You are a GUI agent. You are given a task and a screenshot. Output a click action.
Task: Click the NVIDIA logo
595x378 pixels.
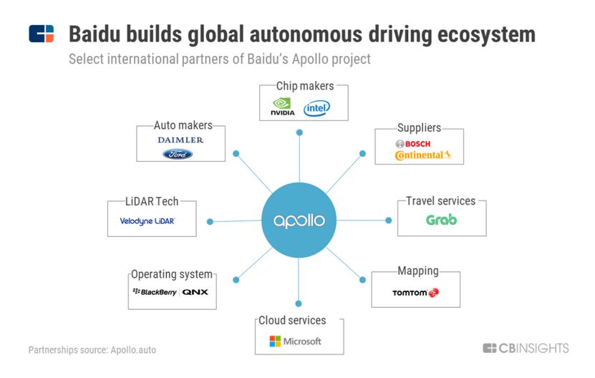(x=283, y=108)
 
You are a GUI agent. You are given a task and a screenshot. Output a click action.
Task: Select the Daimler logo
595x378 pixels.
(x=180, y=140)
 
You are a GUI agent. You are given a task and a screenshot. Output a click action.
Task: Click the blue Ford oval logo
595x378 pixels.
(x=178, y=154)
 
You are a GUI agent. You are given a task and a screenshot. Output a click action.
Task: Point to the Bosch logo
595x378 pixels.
(x=412, y=143)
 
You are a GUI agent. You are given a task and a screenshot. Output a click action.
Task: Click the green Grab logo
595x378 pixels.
(x=441, y=220)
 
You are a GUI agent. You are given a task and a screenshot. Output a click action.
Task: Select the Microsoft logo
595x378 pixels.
(x=295, y=341)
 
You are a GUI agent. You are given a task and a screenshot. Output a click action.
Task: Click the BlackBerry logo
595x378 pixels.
(x=155, y=292)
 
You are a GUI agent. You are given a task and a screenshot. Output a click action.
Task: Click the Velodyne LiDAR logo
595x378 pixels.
(x=147, y=221)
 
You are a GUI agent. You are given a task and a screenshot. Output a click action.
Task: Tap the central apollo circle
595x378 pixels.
(x=299, y=220)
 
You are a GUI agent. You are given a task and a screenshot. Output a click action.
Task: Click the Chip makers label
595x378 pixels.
(x=305, y=86)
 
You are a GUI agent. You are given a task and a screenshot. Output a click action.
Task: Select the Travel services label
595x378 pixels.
(x=440, y=201)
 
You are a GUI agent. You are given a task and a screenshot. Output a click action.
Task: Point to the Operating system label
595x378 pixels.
(x=172, y=274)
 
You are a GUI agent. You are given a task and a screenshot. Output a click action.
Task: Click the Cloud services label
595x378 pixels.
(x=292, y=320)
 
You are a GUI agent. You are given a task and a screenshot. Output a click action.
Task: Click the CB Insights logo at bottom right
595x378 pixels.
(x=526, y=349)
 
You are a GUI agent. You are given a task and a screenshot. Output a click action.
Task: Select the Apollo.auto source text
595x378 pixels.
(x=132, y=350)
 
